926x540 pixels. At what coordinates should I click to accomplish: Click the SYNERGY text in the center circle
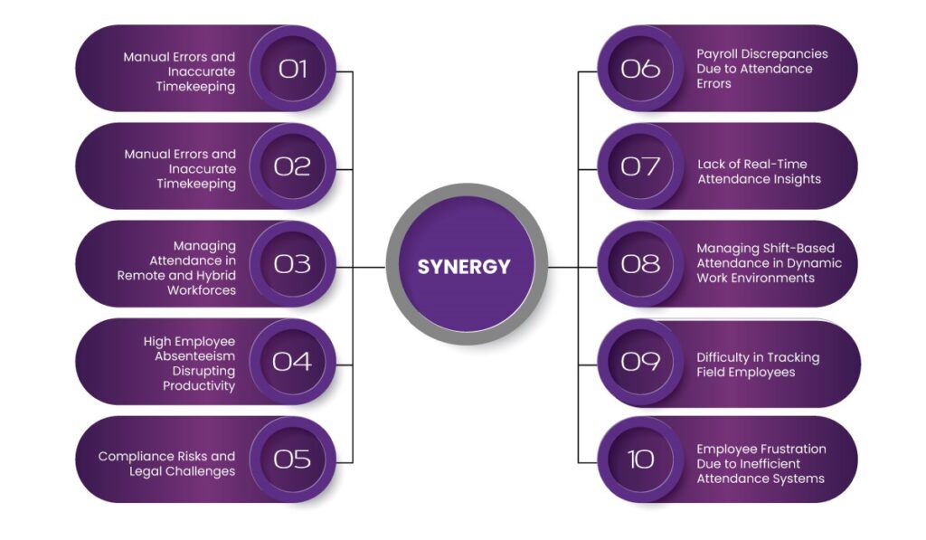[464, 267]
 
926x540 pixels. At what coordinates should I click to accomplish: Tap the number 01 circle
[293, 69]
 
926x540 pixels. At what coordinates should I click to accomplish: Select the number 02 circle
[293, 166]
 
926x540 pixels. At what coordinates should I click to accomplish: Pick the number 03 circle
[293, 264]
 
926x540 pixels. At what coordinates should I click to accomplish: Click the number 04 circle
[293, 362]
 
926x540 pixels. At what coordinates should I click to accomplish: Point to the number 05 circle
[293, 459]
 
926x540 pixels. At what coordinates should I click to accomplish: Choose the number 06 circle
[640, 69]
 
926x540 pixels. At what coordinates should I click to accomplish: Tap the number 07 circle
[640, 166]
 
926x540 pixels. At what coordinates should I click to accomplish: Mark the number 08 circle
[640, 264]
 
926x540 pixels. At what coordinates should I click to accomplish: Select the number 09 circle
[640, 362]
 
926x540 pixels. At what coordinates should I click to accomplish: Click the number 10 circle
[640, 459]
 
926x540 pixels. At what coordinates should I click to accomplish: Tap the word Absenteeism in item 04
[194, 356]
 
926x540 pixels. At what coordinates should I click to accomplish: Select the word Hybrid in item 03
[215, 276]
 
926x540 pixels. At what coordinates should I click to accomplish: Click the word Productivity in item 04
[199, 386]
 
